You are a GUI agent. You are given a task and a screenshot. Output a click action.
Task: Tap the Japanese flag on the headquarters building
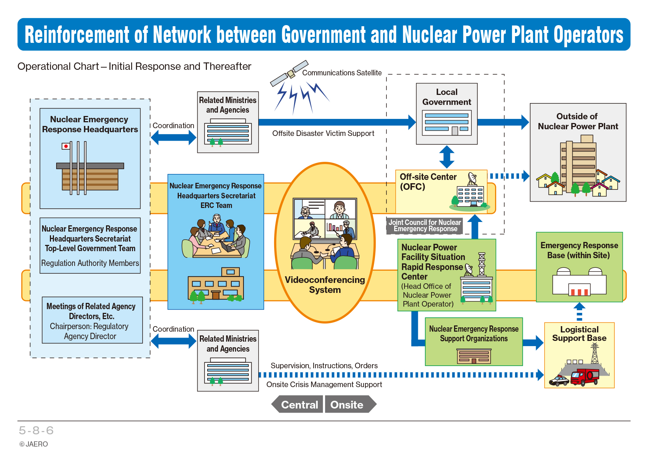[x=66, y=146]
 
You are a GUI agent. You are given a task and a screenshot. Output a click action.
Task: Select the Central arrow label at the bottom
[x=297, y=404]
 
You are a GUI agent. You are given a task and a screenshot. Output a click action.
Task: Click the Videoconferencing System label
[x=325, y=285]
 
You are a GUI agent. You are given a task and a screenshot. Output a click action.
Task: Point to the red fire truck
[x=584, y=377]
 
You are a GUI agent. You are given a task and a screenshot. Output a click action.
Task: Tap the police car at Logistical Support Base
[x=559, y=381]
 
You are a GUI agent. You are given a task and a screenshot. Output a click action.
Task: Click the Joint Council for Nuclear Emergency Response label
[x=425, y=226]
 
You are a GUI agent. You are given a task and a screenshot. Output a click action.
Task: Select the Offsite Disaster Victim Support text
[x=323, y=133]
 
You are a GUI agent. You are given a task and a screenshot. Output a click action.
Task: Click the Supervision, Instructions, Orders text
[x=324, y=366]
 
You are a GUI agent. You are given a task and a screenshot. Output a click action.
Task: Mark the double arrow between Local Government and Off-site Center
[x=447, y=157]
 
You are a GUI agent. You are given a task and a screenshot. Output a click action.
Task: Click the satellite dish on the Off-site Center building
[x=472, y=179]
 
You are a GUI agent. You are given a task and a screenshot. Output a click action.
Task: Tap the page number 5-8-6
[x=36, y=430]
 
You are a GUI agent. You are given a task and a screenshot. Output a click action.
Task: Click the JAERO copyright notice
[x=34, y=444]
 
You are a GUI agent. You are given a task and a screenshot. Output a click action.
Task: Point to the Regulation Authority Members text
[x=90, y=263]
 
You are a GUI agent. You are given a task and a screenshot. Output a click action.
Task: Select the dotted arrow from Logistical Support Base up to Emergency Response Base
[x=579, y=311]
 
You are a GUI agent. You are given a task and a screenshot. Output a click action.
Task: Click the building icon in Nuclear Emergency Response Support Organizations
[x=474, y=356]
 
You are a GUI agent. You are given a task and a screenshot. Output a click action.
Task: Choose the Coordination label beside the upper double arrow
[x=173, y=126]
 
